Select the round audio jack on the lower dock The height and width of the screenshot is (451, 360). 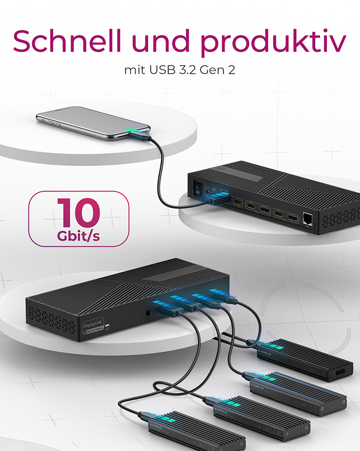coord(148,315)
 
